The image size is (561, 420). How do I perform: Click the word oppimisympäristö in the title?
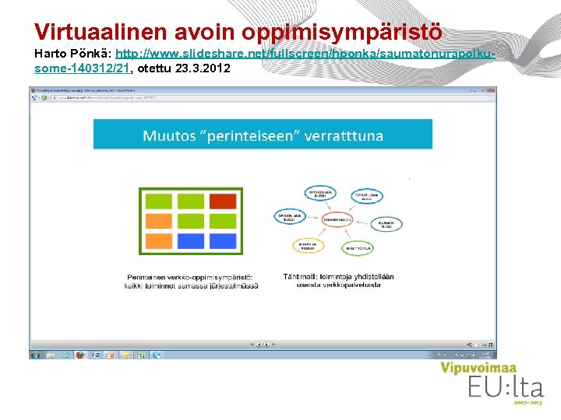click(x=342, y=32)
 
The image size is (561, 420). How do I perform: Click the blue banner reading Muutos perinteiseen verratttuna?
click(x=263, y=135)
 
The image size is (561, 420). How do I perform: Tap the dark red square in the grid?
click(x=222, y=201)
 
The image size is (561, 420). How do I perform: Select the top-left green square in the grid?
click(x=159, y=201)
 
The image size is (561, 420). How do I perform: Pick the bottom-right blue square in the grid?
click(x=222, y=240)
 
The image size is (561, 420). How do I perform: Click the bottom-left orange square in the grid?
click(x=159, y=240)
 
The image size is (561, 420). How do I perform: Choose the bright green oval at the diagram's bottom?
click(x=359, y=247)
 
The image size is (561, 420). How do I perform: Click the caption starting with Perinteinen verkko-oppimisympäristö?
click(x=190, y=281)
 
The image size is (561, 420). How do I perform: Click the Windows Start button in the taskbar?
click(x=35, y=355)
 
